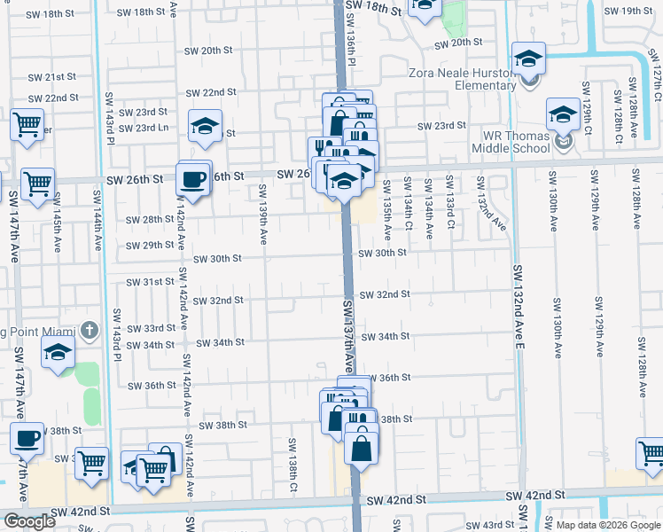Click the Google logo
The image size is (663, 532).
[x=29, y=521]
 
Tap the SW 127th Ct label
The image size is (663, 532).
[x=654, y=73]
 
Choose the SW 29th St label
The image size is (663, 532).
[x=150, y=246]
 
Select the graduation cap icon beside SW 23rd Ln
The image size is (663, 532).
[x=205, y=125]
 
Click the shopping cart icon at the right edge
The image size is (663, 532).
[x=651, y=453]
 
